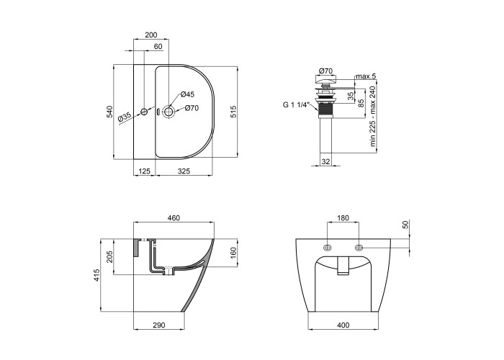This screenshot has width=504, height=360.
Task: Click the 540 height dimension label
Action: pyautogui.click(x=110, y=112)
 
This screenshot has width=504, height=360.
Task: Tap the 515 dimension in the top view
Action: pyautogui.click(x=233, y=112)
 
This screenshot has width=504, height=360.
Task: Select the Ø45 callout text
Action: pyautogui.click(x=187, y=94)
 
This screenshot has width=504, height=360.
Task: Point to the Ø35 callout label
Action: pyautogui.click(x=124, y=117)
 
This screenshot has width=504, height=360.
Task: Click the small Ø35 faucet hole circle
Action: pyautogui.click(x=144, y=112)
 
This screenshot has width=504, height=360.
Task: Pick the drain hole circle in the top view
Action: pyautogui.click(x=168, y=112)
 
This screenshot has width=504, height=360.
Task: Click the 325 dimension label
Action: pyautogui.click(x=184, y=171)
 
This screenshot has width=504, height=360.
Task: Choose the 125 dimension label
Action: pyautogui.click(x=144, y=171)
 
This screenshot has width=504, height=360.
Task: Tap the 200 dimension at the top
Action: pyautogui.click(x=151, y=35)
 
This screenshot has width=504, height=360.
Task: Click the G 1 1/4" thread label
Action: pyautogui.click(x=296, y=104)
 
